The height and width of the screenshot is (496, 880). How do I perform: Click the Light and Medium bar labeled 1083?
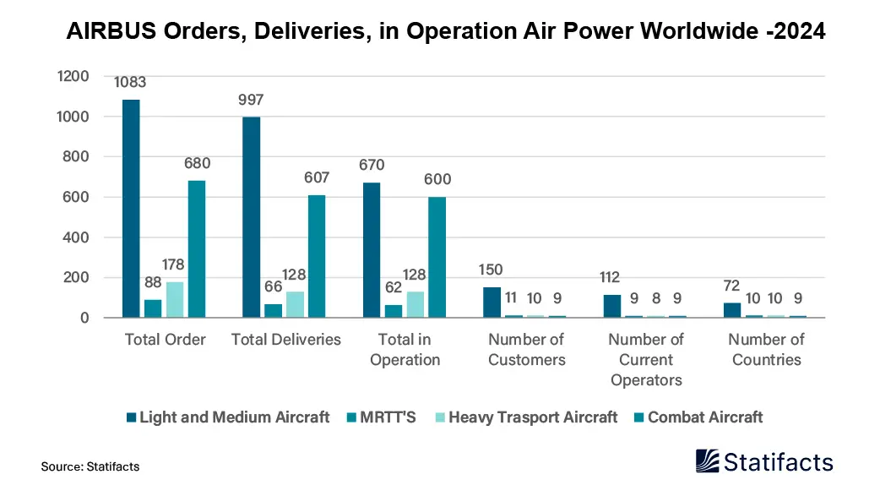[131, 209]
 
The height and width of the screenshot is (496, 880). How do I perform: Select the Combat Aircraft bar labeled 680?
[197, 249]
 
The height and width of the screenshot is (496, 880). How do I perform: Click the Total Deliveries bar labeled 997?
[251, 217]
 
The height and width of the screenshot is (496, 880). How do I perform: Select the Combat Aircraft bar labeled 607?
[317, 257]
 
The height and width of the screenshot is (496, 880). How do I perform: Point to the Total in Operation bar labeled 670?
[371, 250]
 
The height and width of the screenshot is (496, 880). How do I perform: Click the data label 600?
[437, 179]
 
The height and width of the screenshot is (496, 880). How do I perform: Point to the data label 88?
[152, 282]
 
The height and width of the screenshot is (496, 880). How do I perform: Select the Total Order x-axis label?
[165, 340]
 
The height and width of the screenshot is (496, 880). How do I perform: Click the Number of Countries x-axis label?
[766, 349]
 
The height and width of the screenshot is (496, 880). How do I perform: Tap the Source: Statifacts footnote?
[90, 466]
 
